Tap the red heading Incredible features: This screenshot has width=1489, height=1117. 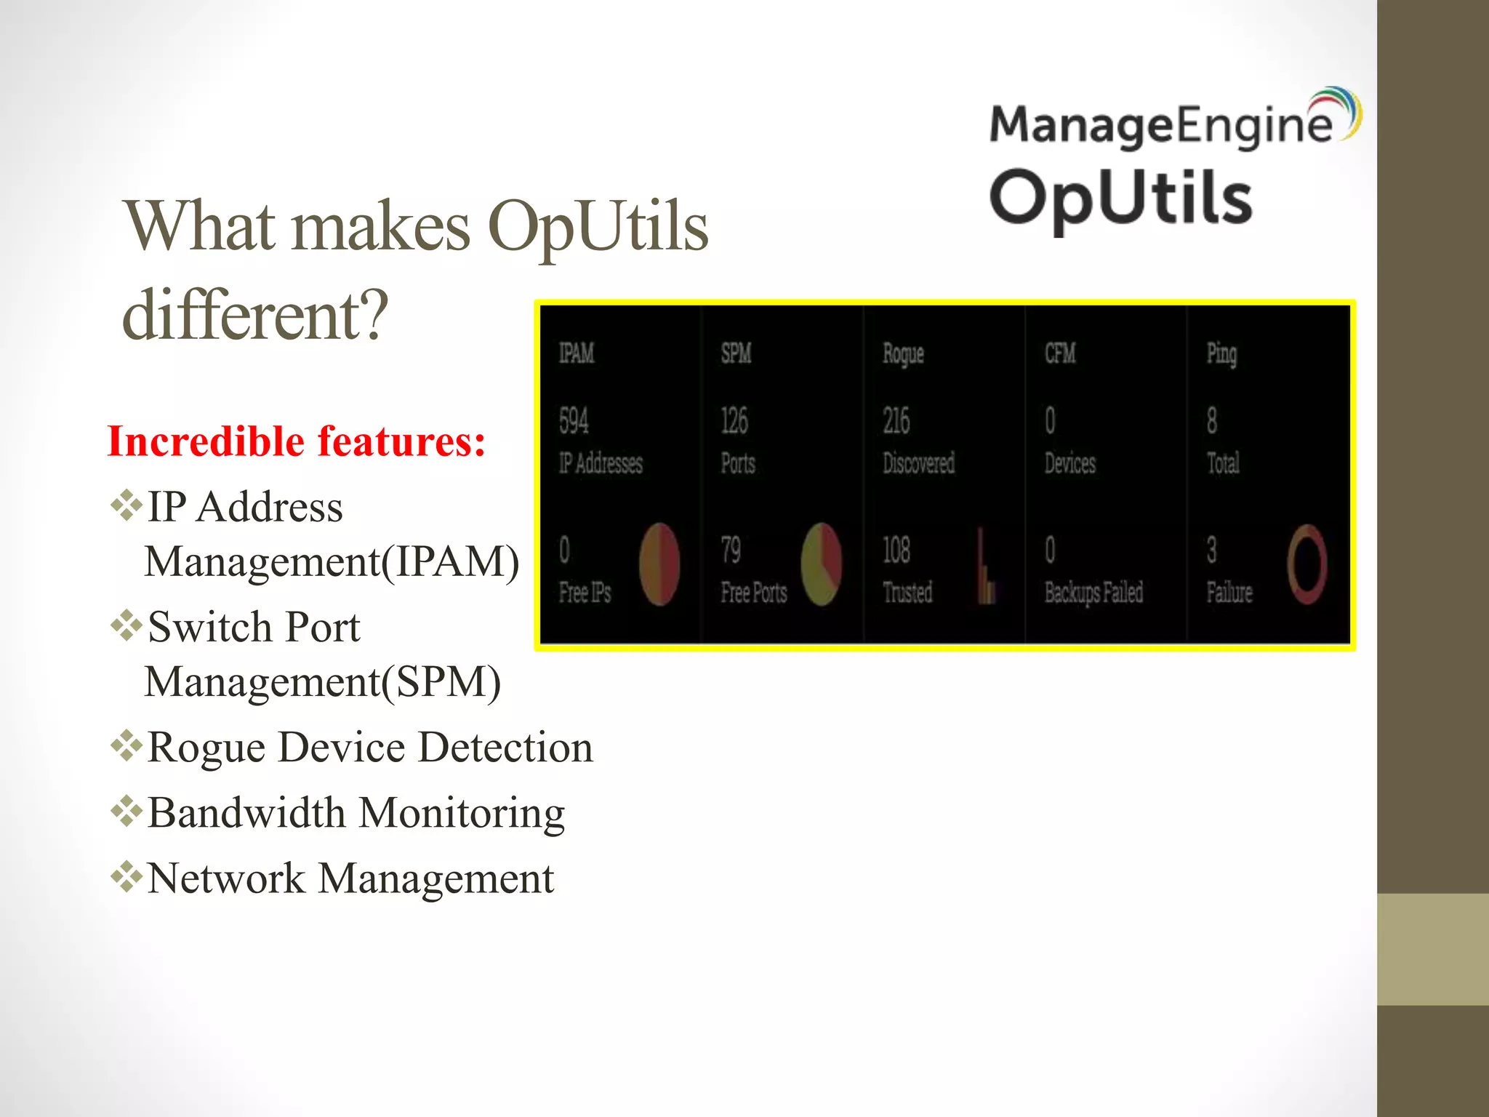coord(296,441)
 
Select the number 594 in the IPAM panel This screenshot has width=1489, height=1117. coord(574,421)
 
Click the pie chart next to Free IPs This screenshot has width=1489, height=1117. coord(659,564)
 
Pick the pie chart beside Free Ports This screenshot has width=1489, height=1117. coord(821,564)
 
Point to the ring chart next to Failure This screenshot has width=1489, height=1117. coord(1307,564)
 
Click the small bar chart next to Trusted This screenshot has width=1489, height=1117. coord(985,567)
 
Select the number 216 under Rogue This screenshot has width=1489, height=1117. coord(896,421)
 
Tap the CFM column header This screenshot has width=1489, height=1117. coord(1059,353)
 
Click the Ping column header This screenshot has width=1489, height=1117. coord(1221,353)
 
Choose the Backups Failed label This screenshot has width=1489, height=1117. coord(1093,593)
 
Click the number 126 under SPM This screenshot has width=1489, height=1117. coord(734,421)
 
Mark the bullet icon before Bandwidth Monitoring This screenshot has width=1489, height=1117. coord(127,812)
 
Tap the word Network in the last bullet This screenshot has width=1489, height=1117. coord(225,878)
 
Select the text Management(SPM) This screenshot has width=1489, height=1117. coord(322,682)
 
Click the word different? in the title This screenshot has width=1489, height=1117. coord(255,315)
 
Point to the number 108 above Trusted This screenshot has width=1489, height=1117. coord(896,551)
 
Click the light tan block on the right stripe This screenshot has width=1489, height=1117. coord(1432,949)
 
